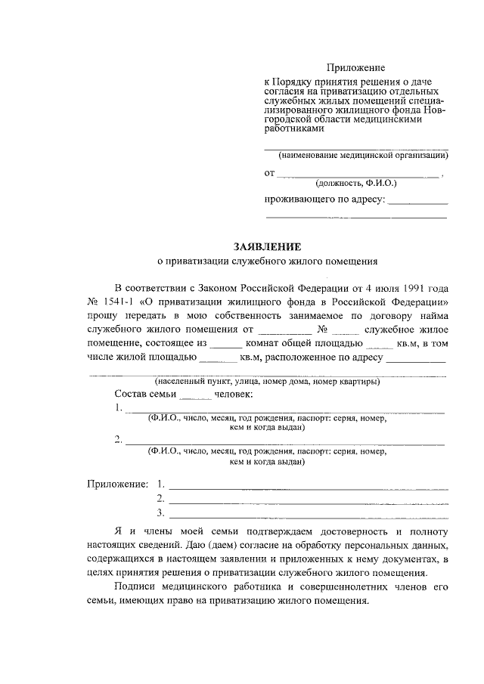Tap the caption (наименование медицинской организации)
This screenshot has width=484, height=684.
pos(362,156)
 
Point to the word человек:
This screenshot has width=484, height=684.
pos(234,395)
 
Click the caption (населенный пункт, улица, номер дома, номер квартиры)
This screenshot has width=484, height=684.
pos(267,382)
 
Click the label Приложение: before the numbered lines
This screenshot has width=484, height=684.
pos(116,482)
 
